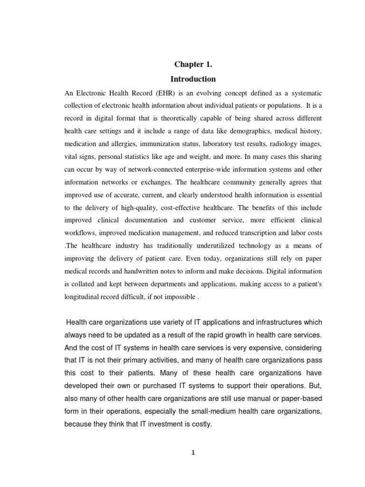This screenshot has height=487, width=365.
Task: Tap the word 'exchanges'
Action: [154, 181]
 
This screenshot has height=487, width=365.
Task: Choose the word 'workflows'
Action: [80, 233]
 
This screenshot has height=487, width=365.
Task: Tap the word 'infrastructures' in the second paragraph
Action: [260, 322]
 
